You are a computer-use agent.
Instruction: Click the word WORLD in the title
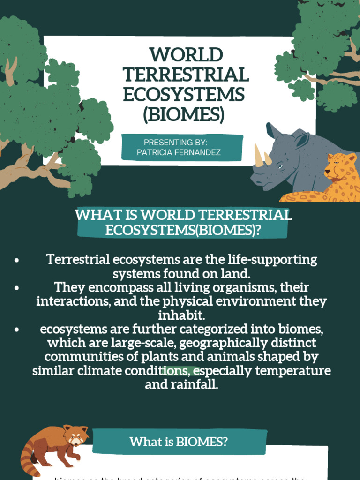[186, 55]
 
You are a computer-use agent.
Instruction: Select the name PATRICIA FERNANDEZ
[179, 152]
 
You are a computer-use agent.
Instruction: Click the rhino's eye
[280, 166]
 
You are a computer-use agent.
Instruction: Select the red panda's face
[75, 437]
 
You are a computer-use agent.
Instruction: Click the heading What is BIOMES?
[179, 442]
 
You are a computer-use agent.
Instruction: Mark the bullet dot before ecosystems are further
[17, 330]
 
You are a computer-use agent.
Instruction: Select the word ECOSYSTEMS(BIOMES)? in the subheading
[183, 230]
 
